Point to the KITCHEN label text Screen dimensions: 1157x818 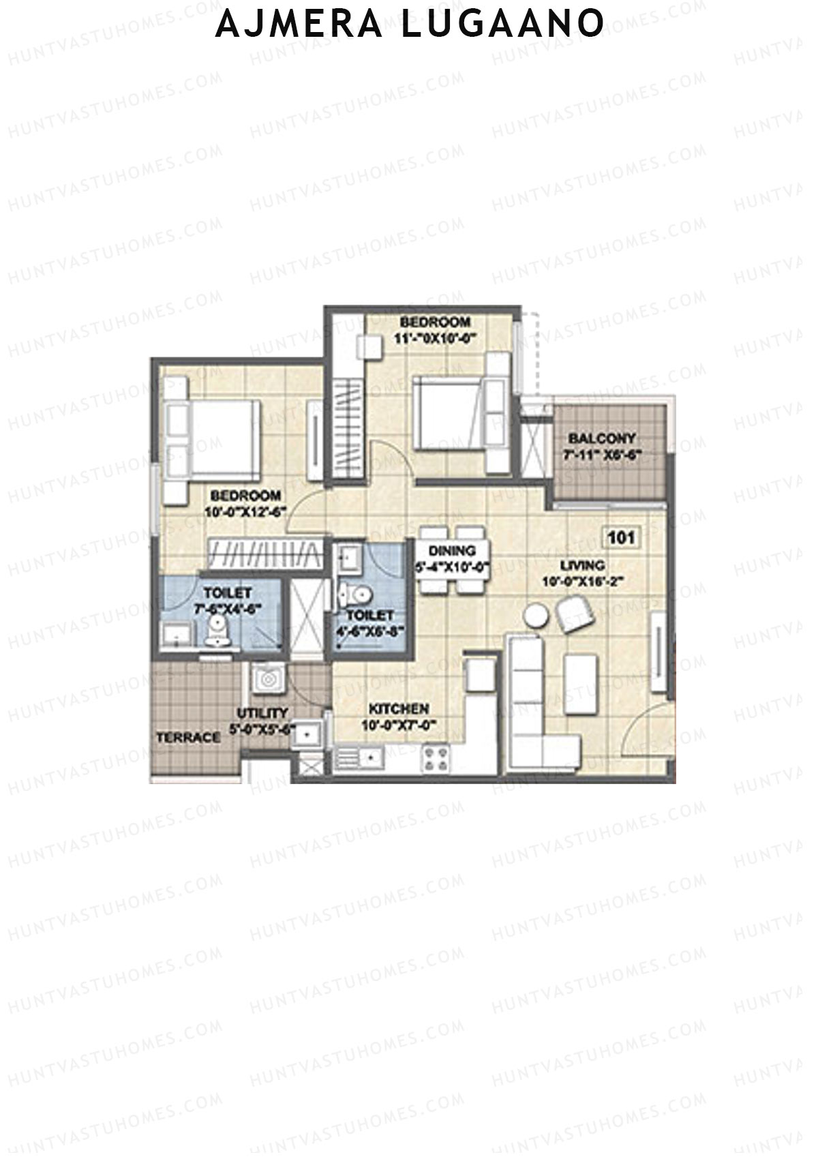coord(399,709)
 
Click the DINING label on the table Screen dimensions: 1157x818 coord(453,551)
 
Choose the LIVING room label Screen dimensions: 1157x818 coord(583,565)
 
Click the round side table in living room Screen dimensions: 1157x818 coord(536,614)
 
